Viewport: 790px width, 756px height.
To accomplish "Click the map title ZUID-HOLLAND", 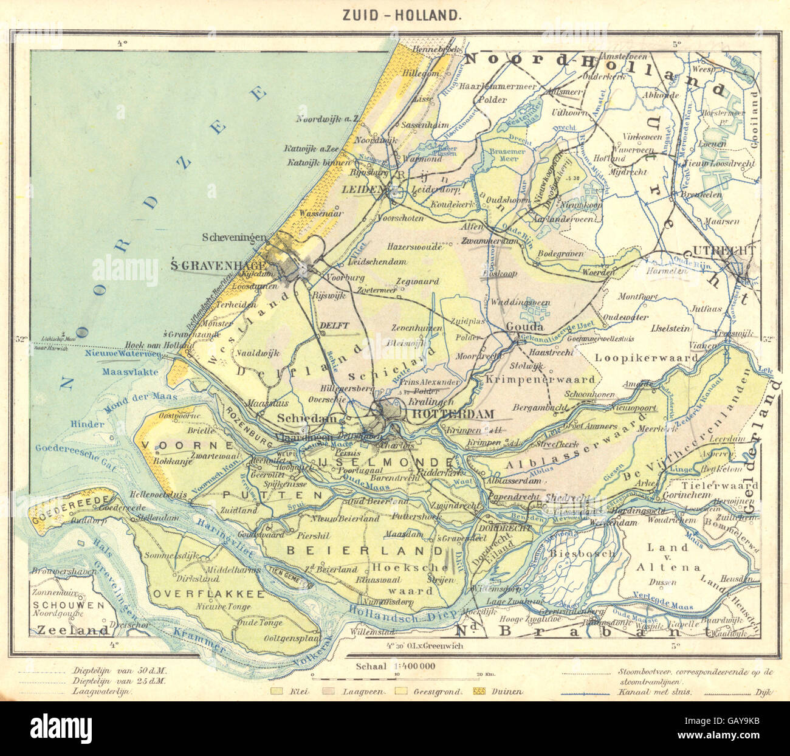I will (394, 15).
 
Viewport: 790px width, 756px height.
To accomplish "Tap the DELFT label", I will (334, 326).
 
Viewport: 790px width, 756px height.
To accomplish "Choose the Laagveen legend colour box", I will (330, 691).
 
